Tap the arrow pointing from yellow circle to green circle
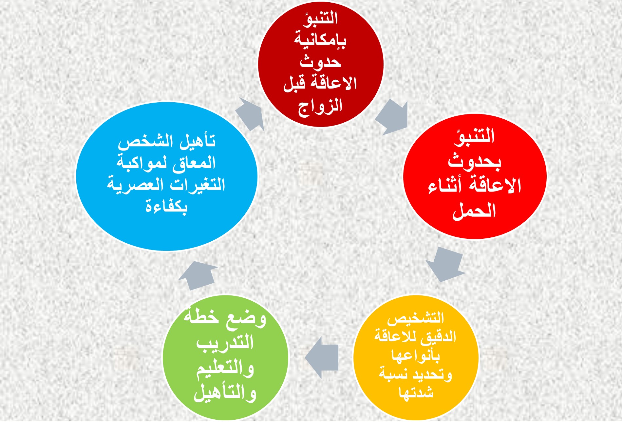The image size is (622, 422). coord(322,357)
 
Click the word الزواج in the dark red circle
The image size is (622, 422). coord(320,107)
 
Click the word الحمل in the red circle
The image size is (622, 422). coord(474,211)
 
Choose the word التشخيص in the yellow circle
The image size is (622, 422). coord(415,318)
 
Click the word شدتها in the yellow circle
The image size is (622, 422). coord(416,392)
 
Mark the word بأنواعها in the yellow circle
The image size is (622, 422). coord(416,355)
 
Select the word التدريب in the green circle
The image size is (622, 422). coord(225,343)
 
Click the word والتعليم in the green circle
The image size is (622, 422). coord(225,368)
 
